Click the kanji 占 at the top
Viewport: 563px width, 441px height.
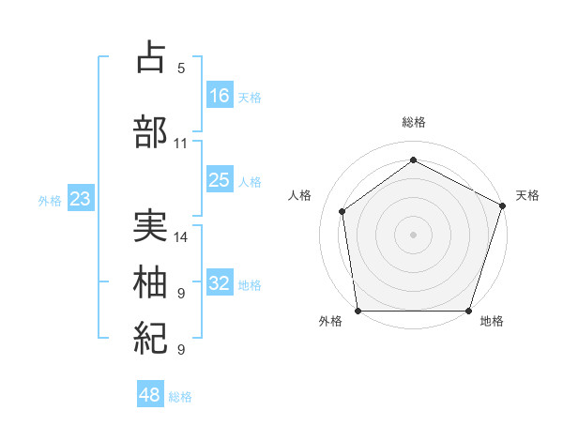click(x=150, y=58)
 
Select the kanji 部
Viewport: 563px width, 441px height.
click(x=150, y=131)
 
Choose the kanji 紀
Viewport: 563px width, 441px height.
click(x=150, y=337)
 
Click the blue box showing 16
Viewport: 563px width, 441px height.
click(x=220, y=95)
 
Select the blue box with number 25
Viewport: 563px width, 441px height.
click(x=220, y=180)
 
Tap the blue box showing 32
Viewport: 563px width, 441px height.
click(x=220, y=283)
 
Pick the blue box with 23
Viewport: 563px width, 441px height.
click(x=80, y=199)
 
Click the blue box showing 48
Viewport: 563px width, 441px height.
click(x=150, y=395)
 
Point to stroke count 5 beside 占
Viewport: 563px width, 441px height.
click(x=181, y=68)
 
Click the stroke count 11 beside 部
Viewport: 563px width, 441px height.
click(x=181, y=144)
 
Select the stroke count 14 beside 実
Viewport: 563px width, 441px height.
click(x=181, y=237)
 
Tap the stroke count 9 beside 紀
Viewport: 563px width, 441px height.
click(x=181, y=350)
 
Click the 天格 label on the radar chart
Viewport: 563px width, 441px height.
click(x=527, y=195)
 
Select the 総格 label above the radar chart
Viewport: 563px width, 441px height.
click(x=414, y=122)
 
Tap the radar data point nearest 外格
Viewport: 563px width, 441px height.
click(x=358, y=311)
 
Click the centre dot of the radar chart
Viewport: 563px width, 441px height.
click(x=414, y=234)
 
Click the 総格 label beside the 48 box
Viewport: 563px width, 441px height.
click(x=180, y=397)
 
